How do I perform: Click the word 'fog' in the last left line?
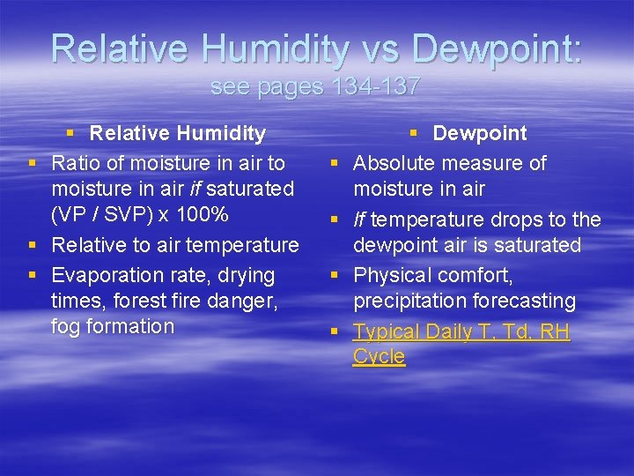65,326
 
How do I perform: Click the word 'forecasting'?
524,301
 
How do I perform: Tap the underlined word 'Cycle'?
379,357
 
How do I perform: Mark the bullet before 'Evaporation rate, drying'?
33,276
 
